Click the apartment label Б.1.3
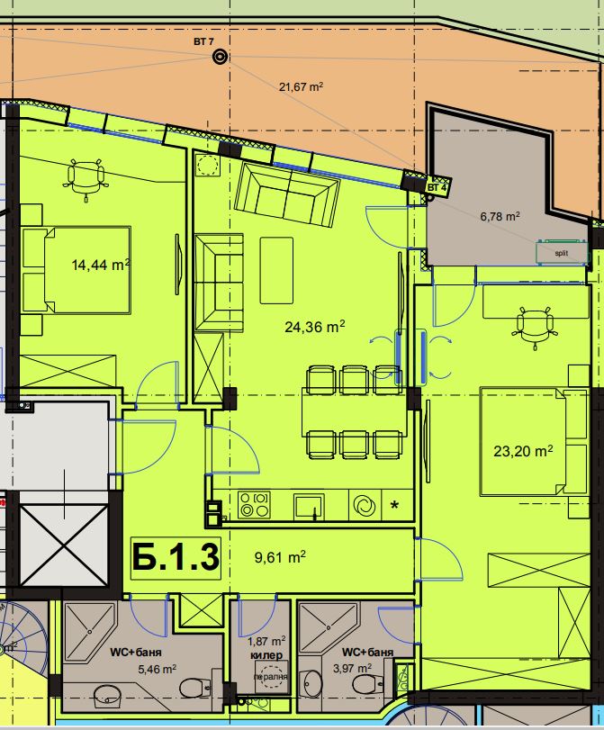176,557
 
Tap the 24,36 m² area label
315,327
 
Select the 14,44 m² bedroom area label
101,265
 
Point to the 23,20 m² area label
523,451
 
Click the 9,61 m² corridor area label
280,557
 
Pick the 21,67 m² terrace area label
301,86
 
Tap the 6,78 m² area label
500,217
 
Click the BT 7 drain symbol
220,57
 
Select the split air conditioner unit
561,253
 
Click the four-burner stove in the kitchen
254,505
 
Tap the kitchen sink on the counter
309,506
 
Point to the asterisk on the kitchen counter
394,506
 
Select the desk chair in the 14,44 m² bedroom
86,179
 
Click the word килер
266,655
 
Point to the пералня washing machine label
271,677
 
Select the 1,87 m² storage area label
266,642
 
